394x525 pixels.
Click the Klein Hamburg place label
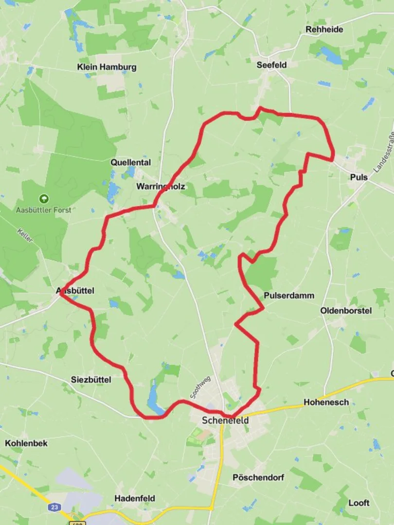click(107, 67)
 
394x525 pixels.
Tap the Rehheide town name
click(324, 29)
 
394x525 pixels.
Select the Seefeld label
click(271, 65)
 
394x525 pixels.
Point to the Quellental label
click(130, 162)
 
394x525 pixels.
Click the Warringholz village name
click(161, 186)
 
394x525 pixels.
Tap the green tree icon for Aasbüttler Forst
click(44, 198)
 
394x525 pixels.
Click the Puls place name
click(358, 177)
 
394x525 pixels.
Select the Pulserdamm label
click(289, 296)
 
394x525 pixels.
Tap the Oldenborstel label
click(346, 310)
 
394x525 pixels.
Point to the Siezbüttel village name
click(91, 379)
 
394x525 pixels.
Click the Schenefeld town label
click(225, 420)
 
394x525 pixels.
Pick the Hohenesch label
click(326, 402)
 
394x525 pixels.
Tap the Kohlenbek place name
click(26, 443)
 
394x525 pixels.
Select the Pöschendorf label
click(258, 477)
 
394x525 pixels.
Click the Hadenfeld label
click(135, 498)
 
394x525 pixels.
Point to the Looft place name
click(358, 503)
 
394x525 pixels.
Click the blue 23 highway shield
click(54, 507)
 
